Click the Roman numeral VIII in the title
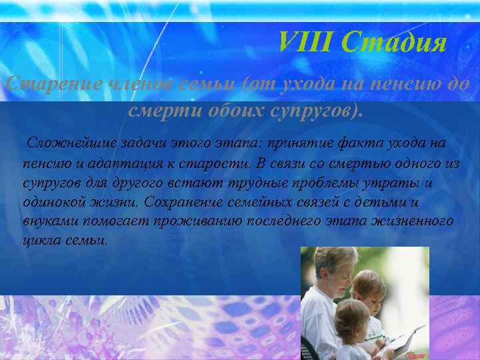click(x=305, y=43)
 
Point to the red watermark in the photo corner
click(x=417, y=354)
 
